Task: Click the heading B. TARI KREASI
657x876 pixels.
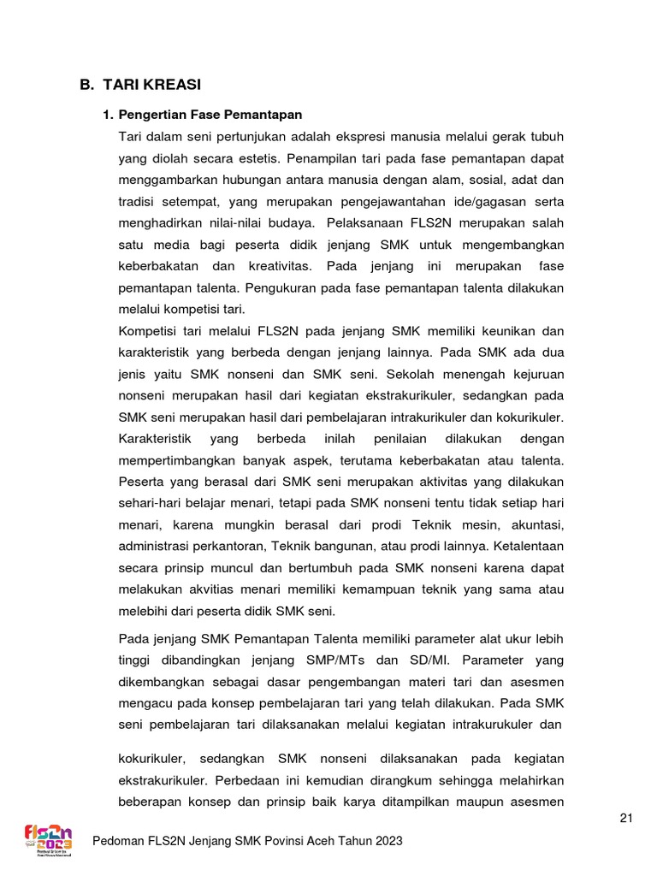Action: point(141,85)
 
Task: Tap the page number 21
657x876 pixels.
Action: point(626,819)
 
